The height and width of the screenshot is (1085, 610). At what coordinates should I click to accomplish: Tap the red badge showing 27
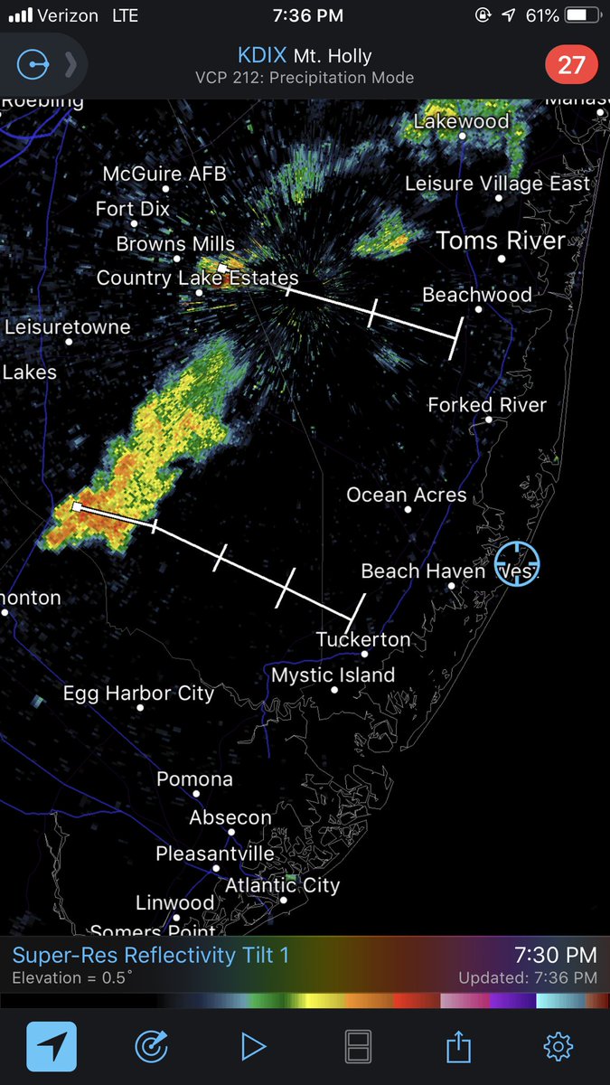[571, 65]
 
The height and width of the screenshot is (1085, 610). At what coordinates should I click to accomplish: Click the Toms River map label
[501, 241]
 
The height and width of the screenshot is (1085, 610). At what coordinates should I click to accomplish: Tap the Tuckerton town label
[363, 639]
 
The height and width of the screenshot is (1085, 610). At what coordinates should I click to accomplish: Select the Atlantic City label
[282, 885]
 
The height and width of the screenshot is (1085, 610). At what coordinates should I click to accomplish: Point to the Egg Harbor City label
[138, 693]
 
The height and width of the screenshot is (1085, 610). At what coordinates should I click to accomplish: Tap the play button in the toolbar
[253, 1047]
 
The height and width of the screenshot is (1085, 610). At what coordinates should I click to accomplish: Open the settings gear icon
[558, 1047]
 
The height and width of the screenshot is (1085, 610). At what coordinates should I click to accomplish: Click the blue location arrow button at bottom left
[52, 1047]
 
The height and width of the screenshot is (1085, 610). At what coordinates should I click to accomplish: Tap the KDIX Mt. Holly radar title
[305, 56]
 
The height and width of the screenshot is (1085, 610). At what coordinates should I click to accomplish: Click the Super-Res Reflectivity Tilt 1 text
[151, 955]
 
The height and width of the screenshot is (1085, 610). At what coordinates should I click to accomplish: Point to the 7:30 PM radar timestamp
[555, 955]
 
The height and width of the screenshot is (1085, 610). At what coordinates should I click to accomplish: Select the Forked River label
[487, 405]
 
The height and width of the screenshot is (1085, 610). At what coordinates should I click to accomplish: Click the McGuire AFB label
[164, 174]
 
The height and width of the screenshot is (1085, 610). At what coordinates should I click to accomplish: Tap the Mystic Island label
[333, 675]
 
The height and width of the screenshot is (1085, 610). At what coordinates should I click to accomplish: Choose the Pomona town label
[194, 779]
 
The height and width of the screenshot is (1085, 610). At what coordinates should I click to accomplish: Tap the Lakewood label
[461, 121]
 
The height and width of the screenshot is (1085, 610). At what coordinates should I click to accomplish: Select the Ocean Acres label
[407, 495]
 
